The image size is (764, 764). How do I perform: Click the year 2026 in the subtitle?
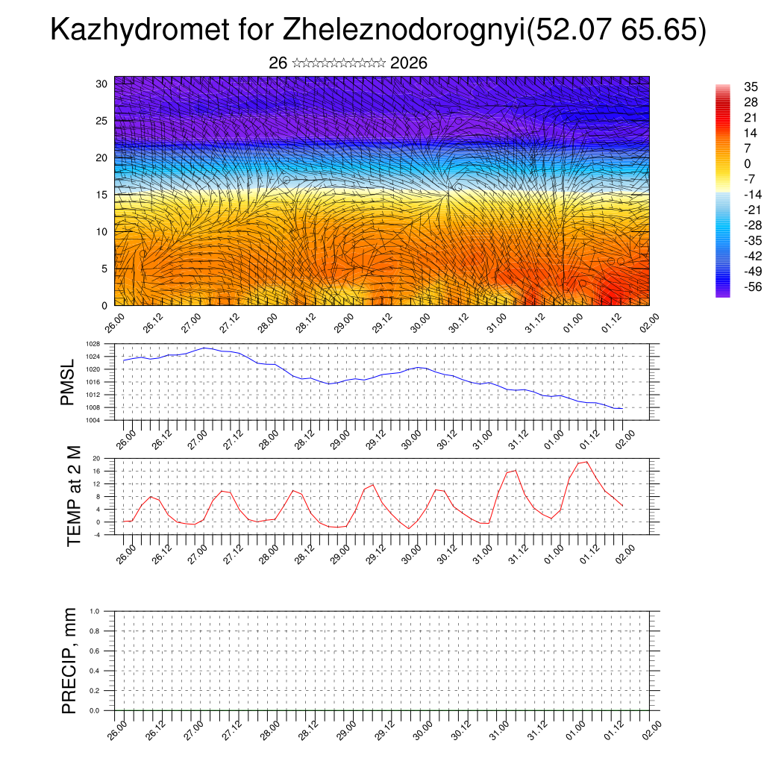pyautogui.click(x=408, y=63)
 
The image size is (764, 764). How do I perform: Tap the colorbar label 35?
pyautogui.click(x=751, y=87)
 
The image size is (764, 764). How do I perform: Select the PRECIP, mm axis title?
pyautogui.click(x=69, y=660)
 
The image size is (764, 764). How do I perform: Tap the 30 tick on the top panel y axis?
pyautogui.click(x=101, y=84)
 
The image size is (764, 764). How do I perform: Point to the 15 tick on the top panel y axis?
pyautogui.click(x=101, y=195)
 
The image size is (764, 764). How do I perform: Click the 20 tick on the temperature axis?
pyautogui.click(x=96, y=458)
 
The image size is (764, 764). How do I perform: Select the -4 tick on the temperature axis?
pyautogui.click(x=96, y=534)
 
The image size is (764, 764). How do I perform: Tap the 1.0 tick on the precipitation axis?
pyautogui.click(x=95, y=611)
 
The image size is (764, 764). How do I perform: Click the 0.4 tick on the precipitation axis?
pyautogui.click(x=95, y=671)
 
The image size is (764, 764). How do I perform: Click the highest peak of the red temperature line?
pyautogui.click(x=587, y=462)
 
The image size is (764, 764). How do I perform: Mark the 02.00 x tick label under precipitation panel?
pyautogui.click(x=651, y=729)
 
